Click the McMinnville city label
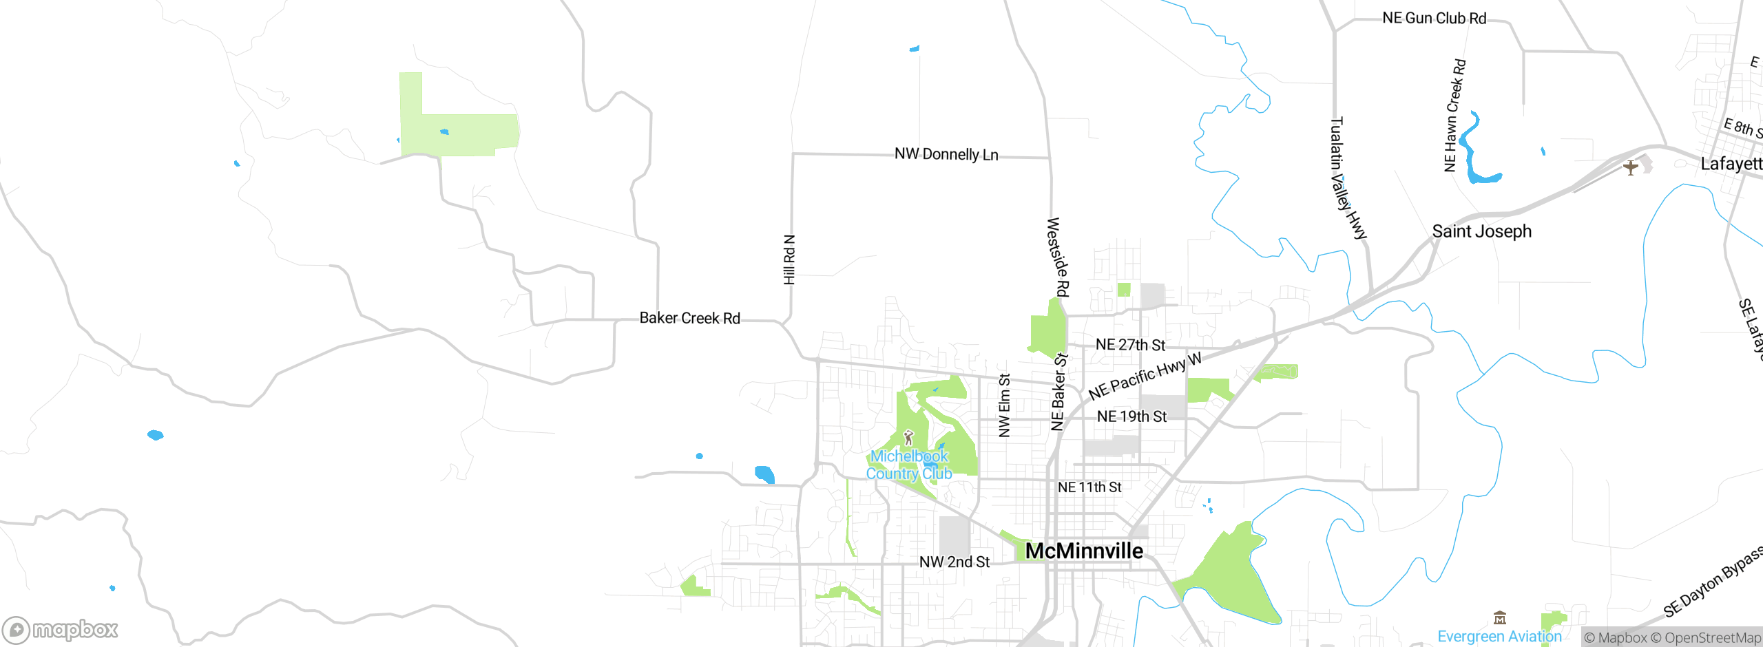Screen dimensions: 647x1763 point(1084,551)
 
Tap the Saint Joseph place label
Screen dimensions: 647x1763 point(1482,231)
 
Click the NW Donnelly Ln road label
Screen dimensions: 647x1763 point(946,154)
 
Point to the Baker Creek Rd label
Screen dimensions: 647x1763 point(689,318)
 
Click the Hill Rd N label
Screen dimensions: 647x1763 point(790,259)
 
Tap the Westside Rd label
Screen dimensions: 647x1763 point(1058,257)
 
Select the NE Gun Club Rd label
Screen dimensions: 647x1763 point(1435,19)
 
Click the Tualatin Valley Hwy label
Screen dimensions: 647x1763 point(1347,178)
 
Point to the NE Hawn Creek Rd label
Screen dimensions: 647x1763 point(1454,115)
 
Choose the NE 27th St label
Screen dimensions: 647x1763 point(1130,345)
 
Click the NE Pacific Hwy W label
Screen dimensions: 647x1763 point(1145,376)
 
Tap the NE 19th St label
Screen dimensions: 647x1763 point(1131,416)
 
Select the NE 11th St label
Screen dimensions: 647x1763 point(1089,487)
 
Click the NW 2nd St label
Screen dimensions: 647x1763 point(954,562)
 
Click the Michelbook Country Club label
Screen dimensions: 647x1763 point(909,465)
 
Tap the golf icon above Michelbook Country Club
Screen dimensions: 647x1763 point(908,437)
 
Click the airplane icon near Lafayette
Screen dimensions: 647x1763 point(1630,167)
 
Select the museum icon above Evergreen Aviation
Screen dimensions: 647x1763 point(1500,617)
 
